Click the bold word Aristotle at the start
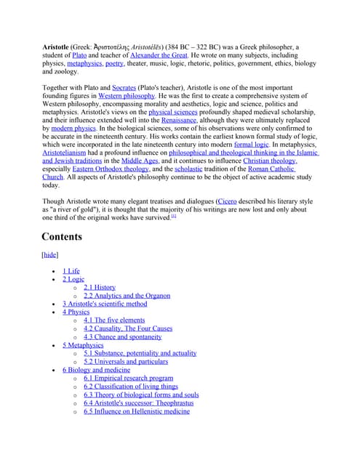click(x=55, y=47)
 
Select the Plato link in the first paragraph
click(x=79, y=55)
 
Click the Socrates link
click(x=124, y=87)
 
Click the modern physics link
click(x=73, y=129)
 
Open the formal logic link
click(x=251, y=145)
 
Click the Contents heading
click(x=62, y=237)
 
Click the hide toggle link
click(x=50, y=255)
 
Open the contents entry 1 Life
click(x=71, y=271)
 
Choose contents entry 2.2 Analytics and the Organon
click(x=127, y=296)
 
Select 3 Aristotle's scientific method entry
click(x=104, y=304)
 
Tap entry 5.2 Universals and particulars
click(x=125, y=361)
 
